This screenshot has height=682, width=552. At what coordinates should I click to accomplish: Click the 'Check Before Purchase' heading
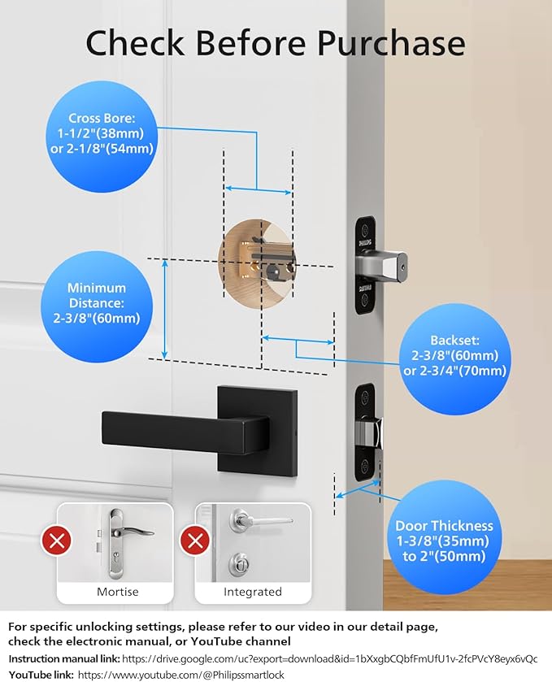coord(276,42)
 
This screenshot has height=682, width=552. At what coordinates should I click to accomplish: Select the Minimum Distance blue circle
coord(97,302)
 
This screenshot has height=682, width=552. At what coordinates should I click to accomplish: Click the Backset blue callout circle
coord(454,355)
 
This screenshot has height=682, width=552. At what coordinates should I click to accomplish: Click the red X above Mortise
coord(55,540)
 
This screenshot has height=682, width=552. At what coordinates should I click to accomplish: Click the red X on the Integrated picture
coord(193,540)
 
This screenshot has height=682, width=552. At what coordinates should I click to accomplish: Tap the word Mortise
coord(117,592)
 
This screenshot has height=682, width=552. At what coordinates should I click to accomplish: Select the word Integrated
coord(252,592)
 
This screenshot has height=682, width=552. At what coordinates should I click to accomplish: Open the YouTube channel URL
coord(180,675)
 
